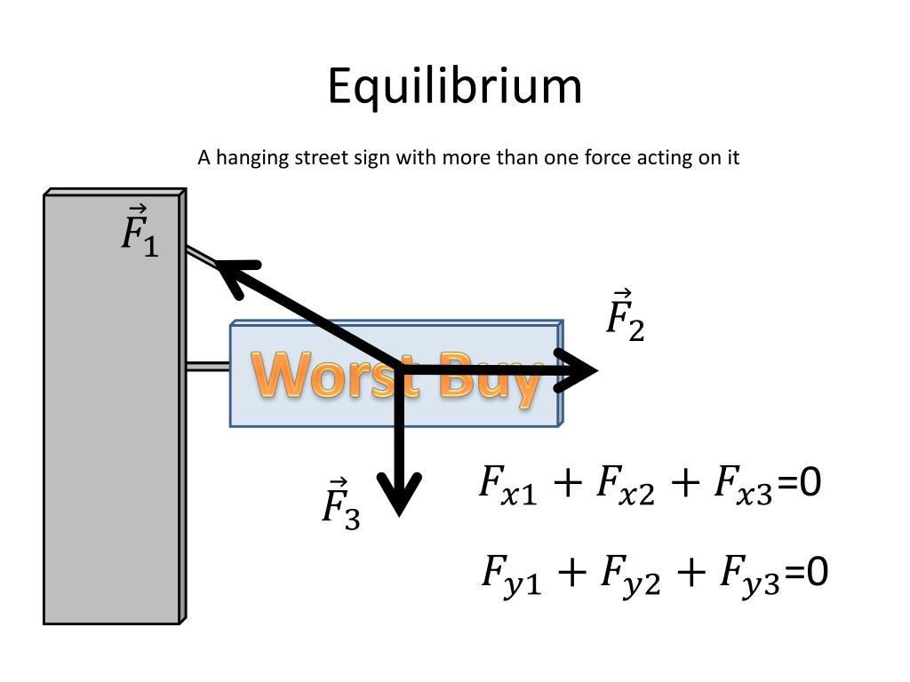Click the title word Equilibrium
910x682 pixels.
click(x=454, y=87)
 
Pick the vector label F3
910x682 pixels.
click(x=339, y=504)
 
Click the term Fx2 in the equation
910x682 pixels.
click(x=625, y=486)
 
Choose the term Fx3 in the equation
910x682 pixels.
click(x=743, y=486)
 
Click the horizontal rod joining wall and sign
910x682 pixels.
click(x=208, y=366)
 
